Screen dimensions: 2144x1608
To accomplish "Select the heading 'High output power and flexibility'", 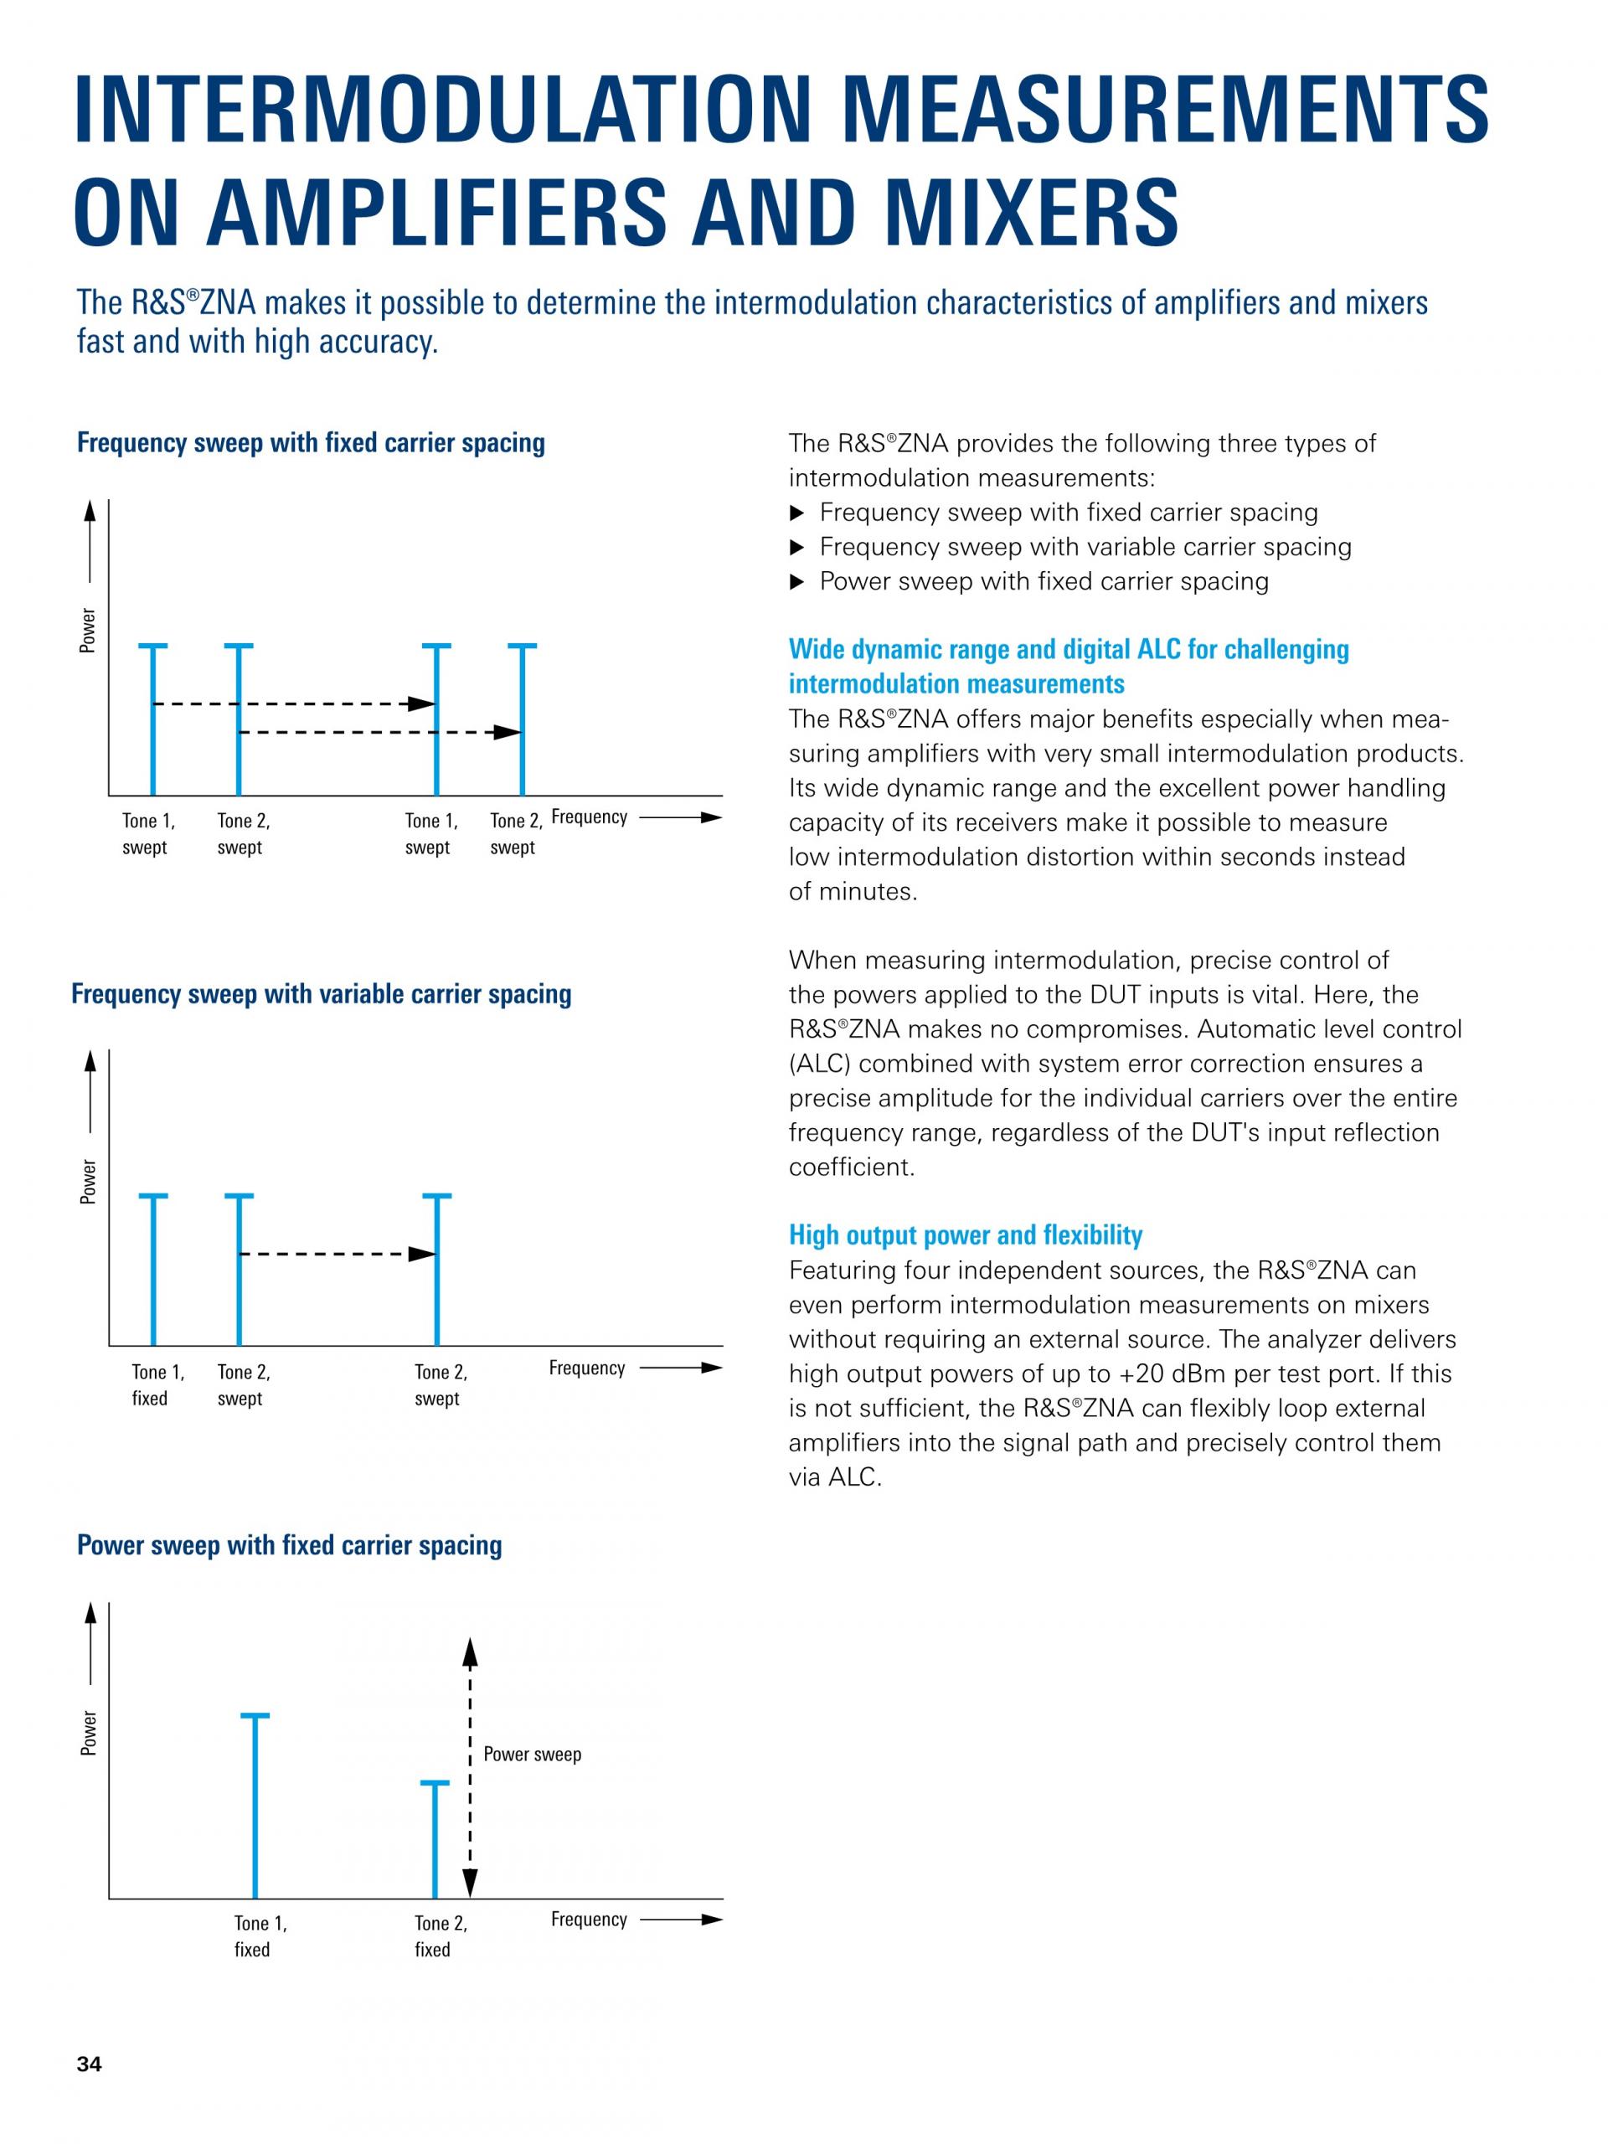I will point(965,1234).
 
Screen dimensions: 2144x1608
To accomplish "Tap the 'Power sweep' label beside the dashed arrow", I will point(532,1755).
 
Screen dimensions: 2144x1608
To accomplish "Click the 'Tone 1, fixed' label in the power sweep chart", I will point(260,1935).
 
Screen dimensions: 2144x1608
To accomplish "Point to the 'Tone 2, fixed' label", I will point(440,1935).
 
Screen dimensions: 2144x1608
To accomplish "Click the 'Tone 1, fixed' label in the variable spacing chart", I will point(157,1385).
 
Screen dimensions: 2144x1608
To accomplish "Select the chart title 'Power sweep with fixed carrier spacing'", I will point(289,1545).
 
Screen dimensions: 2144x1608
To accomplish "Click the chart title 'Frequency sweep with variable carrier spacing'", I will point(321,994).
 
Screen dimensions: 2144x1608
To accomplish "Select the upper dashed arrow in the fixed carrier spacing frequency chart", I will point(291,703).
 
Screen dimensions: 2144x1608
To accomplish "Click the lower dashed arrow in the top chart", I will point(378,733).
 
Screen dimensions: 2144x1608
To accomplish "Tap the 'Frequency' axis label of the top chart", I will point(590,817).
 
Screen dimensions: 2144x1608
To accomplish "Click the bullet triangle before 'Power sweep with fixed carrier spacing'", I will point(797,581).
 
